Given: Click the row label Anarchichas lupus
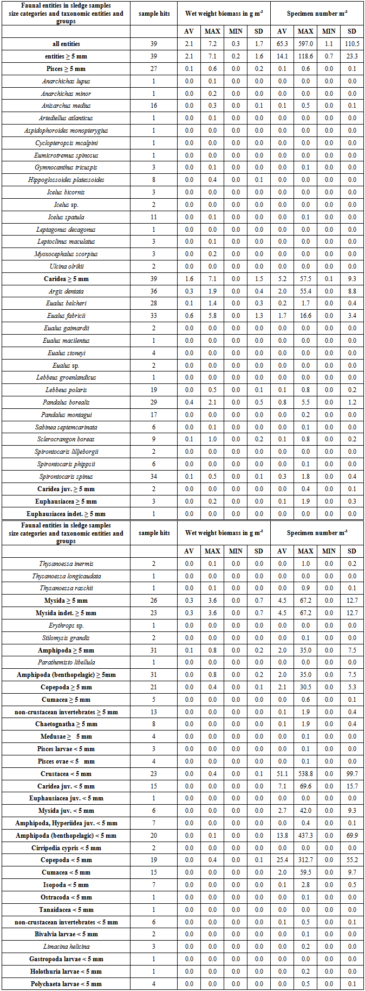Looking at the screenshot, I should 66,81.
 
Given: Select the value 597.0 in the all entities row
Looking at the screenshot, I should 305,44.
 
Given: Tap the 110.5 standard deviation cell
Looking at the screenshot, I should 352,44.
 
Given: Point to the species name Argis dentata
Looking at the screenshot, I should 66,291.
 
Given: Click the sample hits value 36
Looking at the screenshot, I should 154,291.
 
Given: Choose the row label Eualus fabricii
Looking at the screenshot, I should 66,316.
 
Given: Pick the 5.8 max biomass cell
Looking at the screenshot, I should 212,316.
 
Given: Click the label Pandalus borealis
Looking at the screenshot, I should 66,402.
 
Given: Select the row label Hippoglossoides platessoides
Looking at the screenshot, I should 66,180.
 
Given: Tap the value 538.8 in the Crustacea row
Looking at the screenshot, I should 305,774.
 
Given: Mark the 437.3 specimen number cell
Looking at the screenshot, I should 305,836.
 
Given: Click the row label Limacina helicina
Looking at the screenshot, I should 66,947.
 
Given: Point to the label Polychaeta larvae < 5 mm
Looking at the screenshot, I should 66,984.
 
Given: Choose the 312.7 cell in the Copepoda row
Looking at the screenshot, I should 305,860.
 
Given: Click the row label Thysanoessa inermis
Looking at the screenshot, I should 66,564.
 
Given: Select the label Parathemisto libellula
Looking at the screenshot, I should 66,662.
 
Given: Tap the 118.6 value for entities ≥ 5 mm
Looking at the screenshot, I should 305,56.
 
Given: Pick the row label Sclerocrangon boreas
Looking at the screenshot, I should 66,439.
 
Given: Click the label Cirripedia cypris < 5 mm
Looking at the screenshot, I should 66,848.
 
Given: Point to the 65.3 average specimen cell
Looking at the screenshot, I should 282,44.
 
